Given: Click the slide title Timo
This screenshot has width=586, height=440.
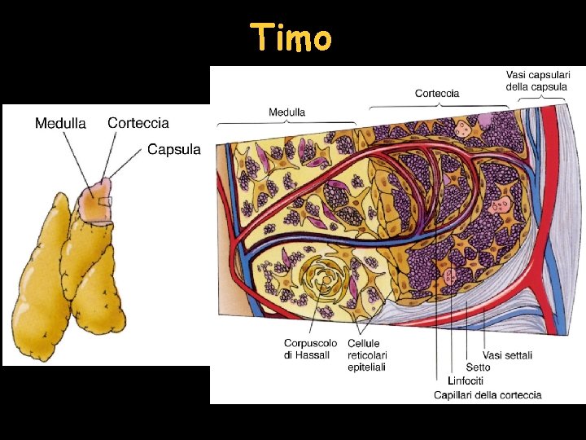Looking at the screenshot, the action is [291, 37].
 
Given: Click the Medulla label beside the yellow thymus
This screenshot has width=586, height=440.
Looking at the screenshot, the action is [60, 124].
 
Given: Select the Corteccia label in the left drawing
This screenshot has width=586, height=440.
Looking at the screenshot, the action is [138, 123].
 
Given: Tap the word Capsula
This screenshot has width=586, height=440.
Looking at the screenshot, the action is [174, 150].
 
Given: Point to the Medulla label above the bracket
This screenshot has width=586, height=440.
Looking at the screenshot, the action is [287, 112].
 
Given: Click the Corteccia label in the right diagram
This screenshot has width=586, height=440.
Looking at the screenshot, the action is [436, 93].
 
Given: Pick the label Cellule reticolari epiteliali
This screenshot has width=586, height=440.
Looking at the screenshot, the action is [367, 355].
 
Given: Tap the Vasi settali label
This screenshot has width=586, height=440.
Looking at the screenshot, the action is [507, 355].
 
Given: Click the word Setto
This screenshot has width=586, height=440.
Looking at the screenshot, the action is [478, 367].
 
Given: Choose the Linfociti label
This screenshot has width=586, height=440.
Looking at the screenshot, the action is [466, 381].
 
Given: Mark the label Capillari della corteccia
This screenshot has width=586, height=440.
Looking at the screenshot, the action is [488, 395].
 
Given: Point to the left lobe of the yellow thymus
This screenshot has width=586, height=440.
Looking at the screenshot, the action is [39, 277].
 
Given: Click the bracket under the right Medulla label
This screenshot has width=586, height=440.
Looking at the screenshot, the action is [286, 123].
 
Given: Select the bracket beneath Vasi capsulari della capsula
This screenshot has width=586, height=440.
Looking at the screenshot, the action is [542, 99].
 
